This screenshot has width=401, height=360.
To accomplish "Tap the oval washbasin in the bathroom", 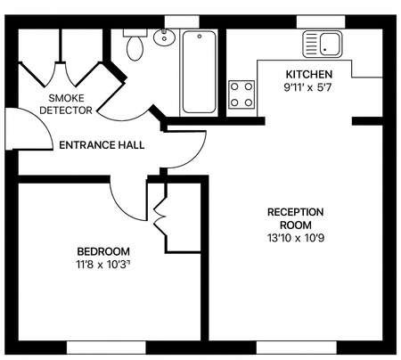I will tap(164, 37).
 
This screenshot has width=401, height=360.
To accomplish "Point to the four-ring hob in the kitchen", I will tap(242, 94).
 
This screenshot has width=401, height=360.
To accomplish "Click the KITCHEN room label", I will tap(309, 74).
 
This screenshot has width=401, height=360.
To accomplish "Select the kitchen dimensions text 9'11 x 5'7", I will tap(308, 87).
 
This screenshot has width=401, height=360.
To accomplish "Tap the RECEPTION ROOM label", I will tap(295, 218).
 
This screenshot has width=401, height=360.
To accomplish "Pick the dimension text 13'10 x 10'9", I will tap(295, 238).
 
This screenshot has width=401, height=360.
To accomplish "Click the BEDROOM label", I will tap(103, 251).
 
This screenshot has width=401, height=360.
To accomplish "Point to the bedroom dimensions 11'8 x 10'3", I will tap(103, 265).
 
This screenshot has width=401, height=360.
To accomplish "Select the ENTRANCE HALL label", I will tap(102, 144).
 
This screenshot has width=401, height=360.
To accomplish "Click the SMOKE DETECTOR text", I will tap(70, 103).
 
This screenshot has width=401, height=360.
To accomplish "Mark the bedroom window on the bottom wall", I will tap(103, 347).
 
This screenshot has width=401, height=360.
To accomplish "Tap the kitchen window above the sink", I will tap(321, 20).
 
